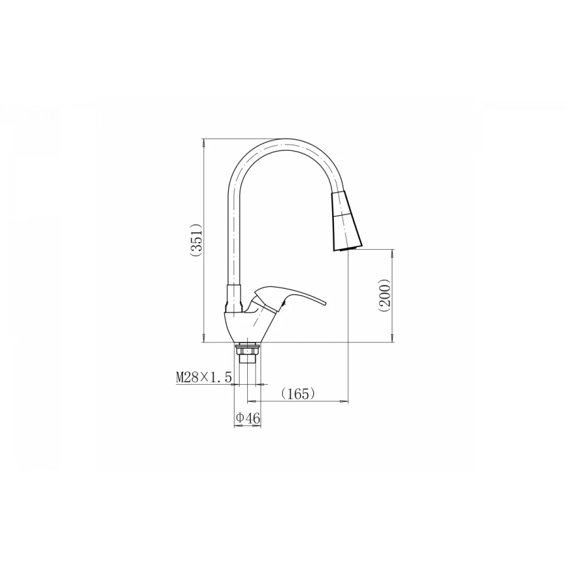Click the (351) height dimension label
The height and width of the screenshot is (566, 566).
[198, 240]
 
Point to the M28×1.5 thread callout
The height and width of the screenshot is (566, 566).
[203, 377]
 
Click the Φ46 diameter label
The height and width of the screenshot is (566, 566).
[248, 418]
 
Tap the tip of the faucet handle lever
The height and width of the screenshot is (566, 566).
[326, 304]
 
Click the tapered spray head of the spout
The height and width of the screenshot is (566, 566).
[347, 221]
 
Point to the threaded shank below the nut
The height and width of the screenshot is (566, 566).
[247, 360]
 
